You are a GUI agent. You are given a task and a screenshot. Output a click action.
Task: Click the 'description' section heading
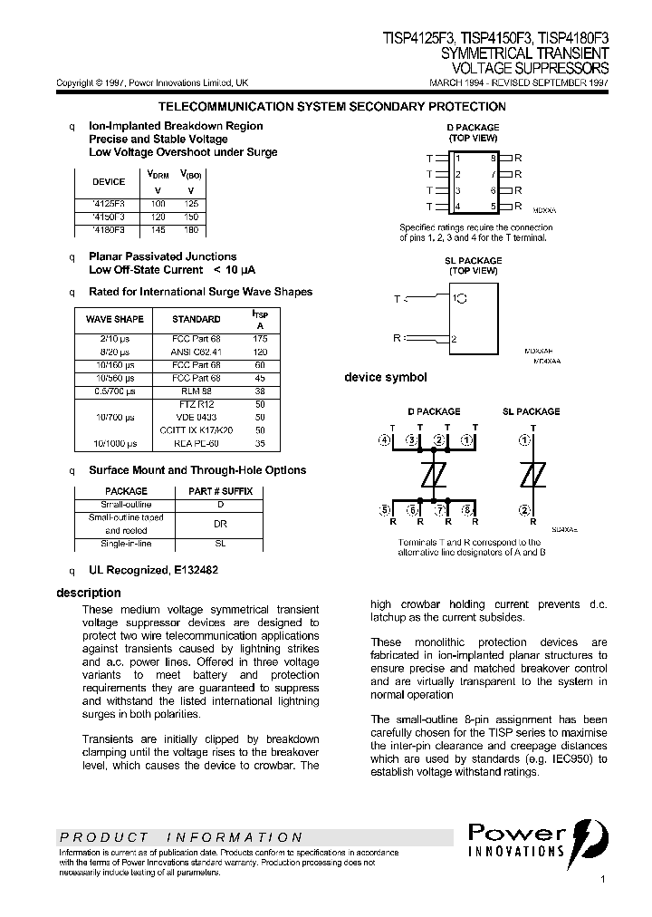pos(89,593)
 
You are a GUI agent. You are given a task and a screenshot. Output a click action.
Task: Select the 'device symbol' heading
pos(385,377)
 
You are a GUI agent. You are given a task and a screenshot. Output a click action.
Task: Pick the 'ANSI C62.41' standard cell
pos(197,351)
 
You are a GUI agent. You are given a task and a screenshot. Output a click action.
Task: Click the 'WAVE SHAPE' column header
pos(115,319)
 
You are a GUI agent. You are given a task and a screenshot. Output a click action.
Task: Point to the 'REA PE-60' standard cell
pos(197,443)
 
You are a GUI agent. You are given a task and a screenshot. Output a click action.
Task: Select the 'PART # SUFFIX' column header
pos(220,491)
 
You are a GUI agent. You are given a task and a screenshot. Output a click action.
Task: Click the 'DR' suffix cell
pos(220,524)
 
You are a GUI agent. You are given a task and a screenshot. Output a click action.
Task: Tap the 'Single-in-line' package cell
pos(127,544)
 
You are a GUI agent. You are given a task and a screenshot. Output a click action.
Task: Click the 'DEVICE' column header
pos(110,181)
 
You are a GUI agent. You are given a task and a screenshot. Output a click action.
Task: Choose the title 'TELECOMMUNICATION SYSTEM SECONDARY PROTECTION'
pos(331,107)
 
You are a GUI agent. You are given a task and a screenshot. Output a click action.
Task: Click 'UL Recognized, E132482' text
pos(153,570)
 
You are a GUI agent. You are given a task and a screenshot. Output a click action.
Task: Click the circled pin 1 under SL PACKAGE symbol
pos(523,439)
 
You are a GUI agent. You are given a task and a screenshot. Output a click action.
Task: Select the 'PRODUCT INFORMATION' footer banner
pos(181,837)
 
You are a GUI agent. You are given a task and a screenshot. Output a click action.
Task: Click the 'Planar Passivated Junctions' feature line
pos(163,256)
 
